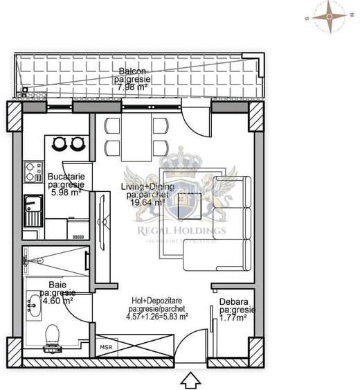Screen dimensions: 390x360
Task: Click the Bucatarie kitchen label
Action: click(65, 177)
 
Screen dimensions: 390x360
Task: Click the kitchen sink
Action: click(33, 209)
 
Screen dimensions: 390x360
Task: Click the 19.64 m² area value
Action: click(145, 203)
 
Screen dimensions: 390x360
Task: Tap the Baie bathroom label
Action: click(57, 285)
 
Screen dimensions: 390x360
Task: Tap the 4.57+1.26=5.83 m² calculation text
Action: click(159, 317)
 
